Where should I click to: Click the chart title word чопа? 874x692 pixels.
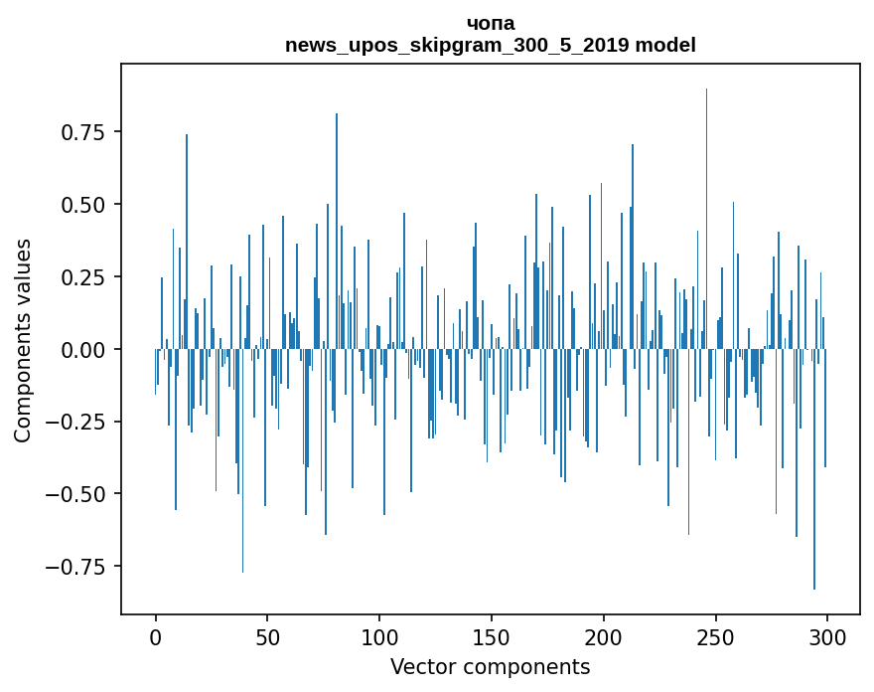[491, 24]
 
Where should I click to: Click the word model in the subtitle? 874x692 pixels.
[665, 45]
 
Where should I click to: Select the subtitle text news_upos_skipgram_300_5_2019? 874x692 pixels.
[458, 45]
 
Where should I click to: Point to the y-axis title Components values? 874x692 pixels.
[22, 341]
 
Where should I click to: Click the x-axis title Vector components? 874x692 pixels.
[490, 667]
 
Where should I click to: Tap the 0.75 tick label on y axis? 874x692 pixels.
[83, 133]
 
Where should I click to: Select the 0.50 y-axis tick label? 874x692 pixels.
[83, 206]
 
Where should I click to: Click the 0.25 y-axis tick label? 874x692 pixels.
[83, 278]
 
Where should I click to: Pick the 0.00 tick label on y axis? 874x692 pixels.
[83, 350]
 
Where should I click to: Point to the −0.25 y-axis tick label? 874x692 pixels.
[75, 423]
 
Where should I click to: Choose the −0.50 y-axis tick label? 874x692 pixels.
[75, 495]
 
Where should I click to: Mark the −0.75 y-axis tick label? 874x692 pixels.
[75, 568]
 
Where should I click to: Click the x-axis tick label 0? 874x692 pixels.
[156, 637]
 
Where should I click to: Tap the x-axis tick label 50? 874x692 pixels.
[267, 637]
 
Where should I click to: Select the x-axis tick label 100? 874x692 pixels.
[379, 637]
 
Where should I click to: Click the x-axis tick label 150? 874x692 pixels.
[491, 637]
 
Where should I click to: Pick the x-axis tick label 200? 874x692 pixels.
[603, 637]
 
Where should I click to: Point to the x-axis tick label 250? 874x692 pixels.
[715, 637]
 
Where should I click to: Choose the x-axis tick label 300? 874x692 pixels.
[827, 637]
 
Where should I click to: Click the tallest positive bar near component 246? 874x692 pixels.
[706, 219]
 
